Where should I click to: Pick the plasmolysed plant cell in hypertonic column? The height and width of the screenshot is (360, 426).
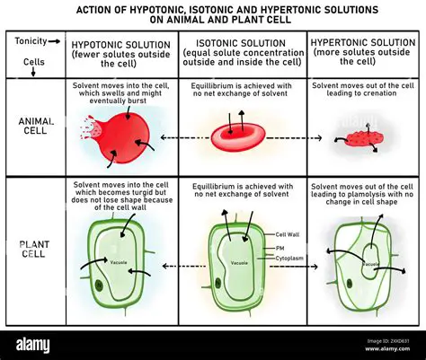click(x=363, y=265)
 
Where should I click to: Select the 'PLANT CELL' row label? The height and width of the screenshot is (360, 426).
click(x=34, y=248)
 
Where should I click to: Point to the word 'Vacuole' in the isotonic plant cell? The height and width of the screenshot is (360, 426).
click(x=240, y=262)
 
